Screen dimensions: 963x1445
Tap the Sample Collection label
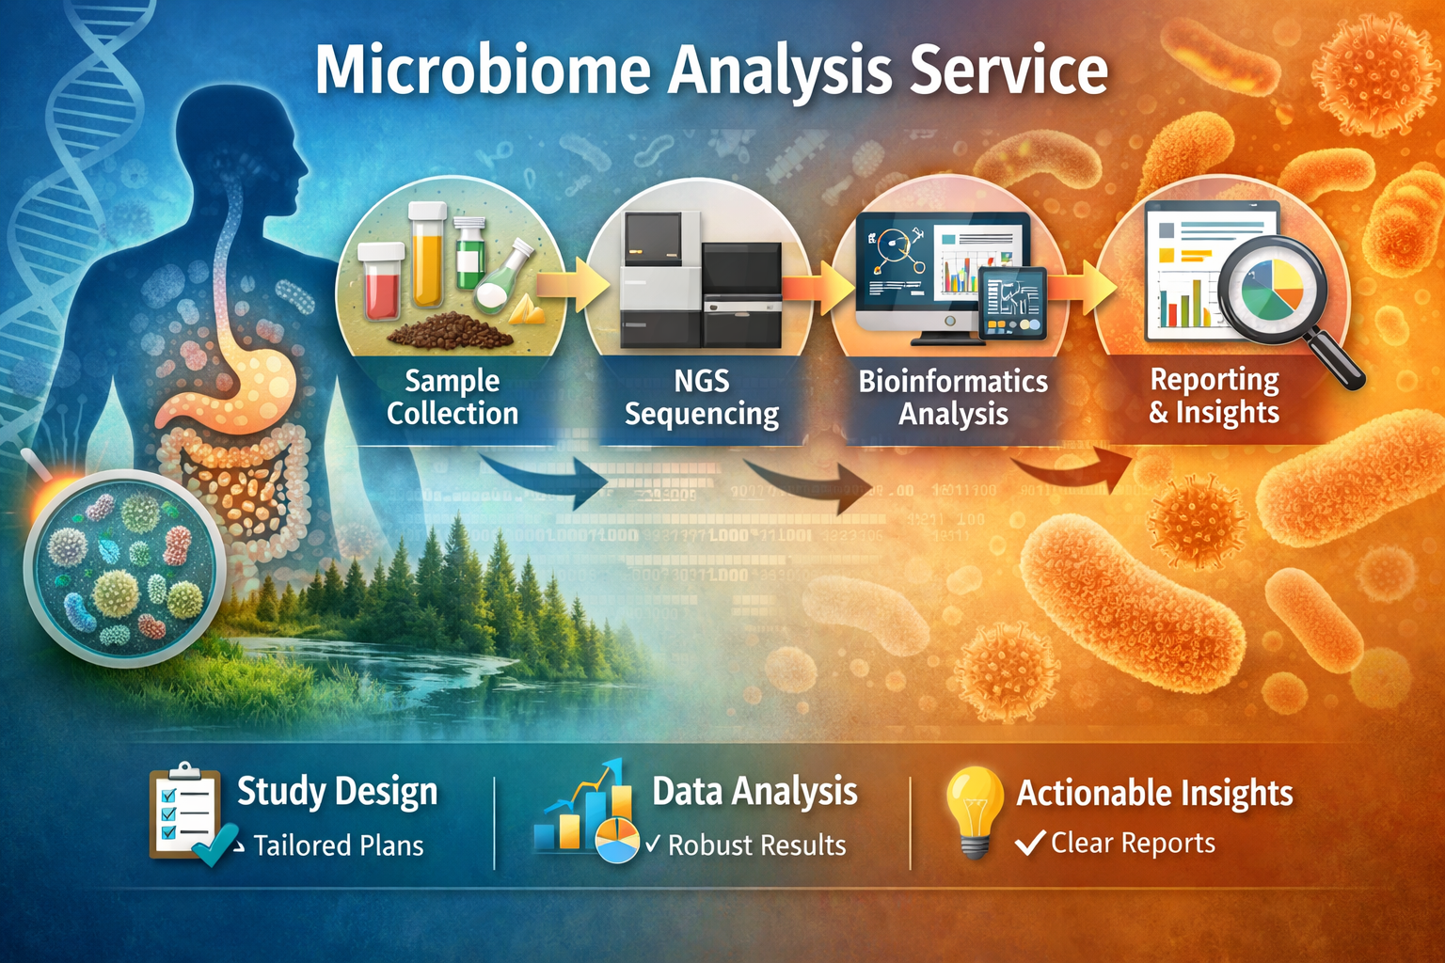pyautogui.click(x=453, y=397)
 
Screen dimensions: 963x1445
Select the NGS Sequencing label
pyautogui.click(x=702, y=397)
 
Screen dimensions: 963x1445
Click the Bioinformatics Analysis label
pyautogui.click(x=952, y=397)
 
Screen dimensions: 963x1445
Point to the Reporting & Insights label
pyautogui.click(x=1214, y=395)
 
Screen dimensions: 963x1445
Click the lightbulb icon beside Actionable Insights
pyautogui.click(x=975, y=810)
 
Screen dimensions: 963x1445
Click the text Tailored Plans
pyautogui.click(x=339, y=845)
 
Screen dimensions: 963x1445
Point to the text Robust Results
pyautogui.click(x=756, y=845)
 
